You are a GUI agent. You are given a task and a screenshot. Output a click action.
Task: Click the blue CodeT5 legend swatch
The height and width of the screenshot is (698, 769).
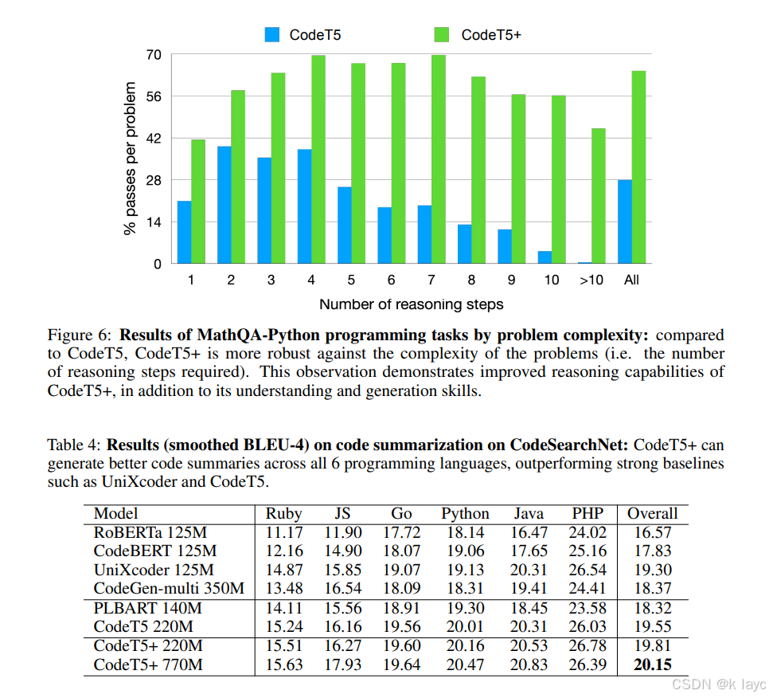pyautogui.click(x=273, y=34)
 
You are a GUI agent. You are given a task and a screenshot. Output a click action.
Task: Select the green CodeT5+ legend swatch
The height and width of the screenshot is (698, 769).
pyautogui.click(x=442, y=34)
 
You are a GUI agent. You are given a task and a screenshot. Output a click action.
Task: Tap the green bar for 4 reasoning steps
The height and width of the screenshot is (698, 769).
pyautogui.click(x=318, y=159)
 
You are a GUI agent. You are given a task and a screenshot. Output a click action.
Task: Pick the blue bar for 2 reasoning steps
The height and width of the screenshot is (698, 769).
pyautogui.click(x=224, y=205)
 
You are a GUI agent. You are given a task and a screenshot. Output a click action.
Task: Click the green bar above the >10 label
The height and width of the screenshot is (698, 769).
pyautogui.click(x=598, y=196)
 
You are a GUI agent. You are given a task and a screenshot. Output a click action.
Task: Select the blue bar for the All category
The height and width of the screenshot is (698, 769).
pyautogui.click(x=624, y=222)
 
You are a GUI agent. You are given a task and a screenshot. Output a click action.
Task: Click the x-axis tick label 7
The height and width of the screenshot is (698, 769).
pyautogui.click(x=431, y=280)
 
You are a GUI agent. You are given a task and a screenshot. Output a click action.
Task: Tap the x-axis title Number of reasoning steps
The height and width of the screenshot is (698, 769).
pyautogui.click(x=411, y=304)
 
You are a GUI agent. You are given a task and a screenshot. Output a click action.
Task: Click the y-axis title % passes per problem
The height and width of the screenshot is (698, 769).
pyautogui.click(x=130, y=159)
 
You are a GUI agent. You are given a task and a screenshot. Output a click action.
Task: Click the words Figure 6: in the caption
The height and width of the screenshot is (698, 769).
pyautogui.click(x=80, y=335)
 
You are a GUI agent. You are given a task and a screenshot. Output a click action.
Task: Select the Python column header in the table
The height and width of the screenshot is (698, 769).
pyautogui.click(x=465, y=514)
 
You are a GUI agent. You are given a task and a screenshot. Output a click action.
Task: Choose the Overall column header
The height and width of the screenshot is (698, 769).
pyautogui.click(x=652, y=514)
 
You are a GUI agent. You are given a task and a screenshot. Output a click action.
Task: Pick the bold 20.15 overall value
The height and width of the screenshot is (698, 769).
pyautogui.click(x=652, y=665)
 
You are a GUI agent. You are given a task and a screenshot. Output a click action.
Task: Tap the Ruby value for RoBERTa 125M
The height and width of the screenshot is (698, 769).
pyautogui.click(x=283, y=532)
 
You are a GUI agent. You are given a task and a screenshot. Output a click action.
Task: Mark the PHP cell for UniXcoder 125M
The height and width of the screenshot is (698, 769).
pyautogui.click(x=588, y=570)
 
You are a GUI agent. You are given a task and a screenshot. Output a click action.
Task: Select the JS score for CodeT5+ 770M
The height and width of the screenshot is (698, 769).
pyautogui.click(x=342, y=665)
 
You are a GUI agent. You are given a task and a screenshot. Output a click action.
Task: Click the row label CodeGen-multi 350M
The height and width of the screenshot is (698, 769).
pyautogui.click(x=169, y=589)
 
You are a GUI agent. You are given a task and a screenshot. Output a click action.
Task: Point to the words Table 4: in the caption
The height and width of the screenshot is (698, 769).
pyautogui.click(x=74, y=445)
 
